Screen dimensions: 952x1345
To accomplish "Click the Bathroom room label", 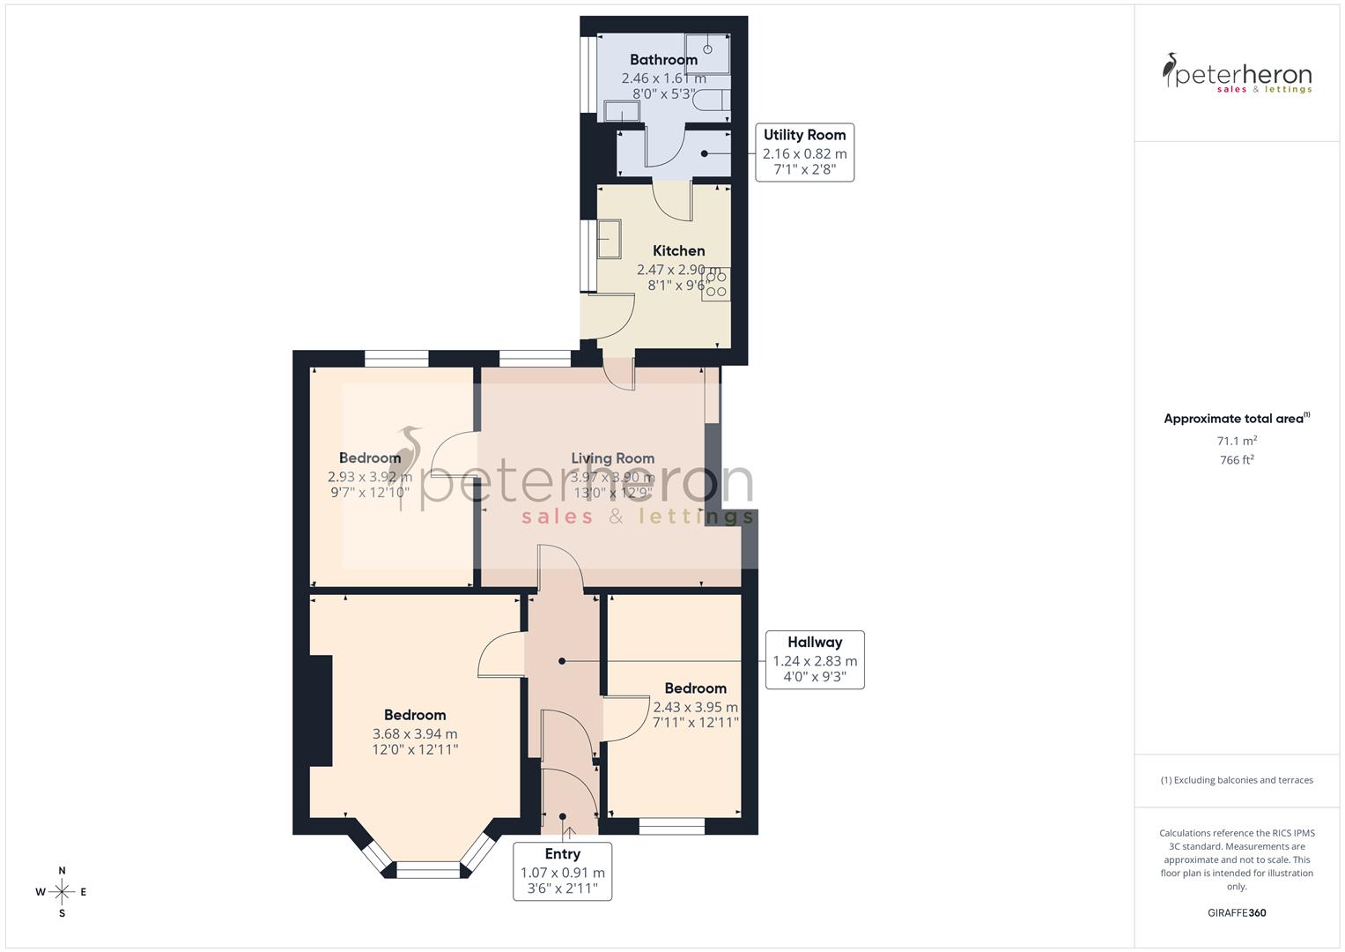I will pos(663,60).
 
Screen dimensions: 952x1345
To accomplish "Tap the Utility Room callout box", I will pos(804,152).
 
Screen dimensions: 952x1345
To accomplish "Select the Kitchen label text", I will pos(678,251).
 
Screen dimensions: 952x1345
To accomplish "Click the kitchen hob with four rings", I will pos(715,284).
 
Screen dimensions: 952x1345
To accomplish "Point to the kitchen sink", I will pos(609,239).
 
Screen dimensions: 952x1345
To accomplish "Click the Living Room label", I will pos(612,458).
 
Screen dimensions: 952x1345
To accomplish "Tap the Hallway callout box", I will pos(814,659).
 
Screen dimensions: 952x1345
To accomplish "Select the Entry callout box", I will pos(562,870).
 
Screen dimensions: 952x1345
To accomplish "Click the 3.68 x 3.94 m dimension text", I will pos(415,733).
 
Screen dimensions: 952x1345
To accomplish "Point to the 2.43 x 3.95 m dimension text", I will pos(695,707).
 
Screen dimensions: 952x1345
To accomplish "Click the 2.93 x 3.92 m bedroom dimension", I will pos(369,477).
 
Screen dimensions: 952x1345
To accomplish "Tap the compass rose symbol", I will pos(62,892).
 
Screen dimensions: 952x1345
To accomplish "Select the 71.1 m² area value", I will pos(1237,441).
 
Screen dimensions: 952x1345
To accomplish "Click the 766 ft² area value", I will pos(1237,460).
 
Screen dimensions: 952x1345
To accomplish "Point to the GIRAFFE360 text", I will pos(1237,913).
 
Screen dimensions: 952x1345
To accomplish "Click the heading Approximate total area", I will pos(1235,419).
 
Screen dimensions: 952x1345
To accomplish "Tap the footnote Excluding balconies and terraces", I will pos(1237,780).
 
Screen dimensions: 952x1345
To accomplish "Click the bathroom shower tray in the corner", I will pos(707,52).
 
